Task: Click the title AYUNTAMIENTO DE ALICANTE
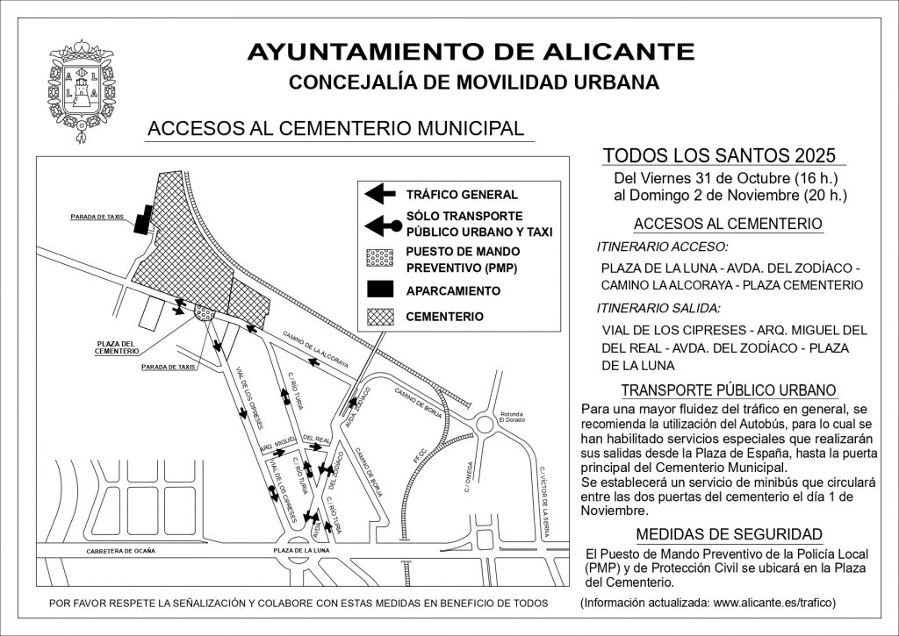point(471,52)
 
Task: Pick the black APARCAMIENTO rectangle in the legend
point(379,289)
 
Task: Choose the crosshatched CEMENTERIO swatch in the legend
point(379,316)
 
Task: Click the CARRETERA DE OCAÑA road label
point(120,551)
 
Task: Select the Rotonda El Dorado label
point(511,418)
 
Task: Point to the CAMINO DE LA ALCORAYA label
point(316,350)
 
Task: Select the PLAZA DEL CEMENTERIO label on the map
point(116,347)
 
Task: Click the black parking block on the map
point(142,221)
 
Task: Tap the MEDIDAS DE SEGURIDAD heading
point(729,534)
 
